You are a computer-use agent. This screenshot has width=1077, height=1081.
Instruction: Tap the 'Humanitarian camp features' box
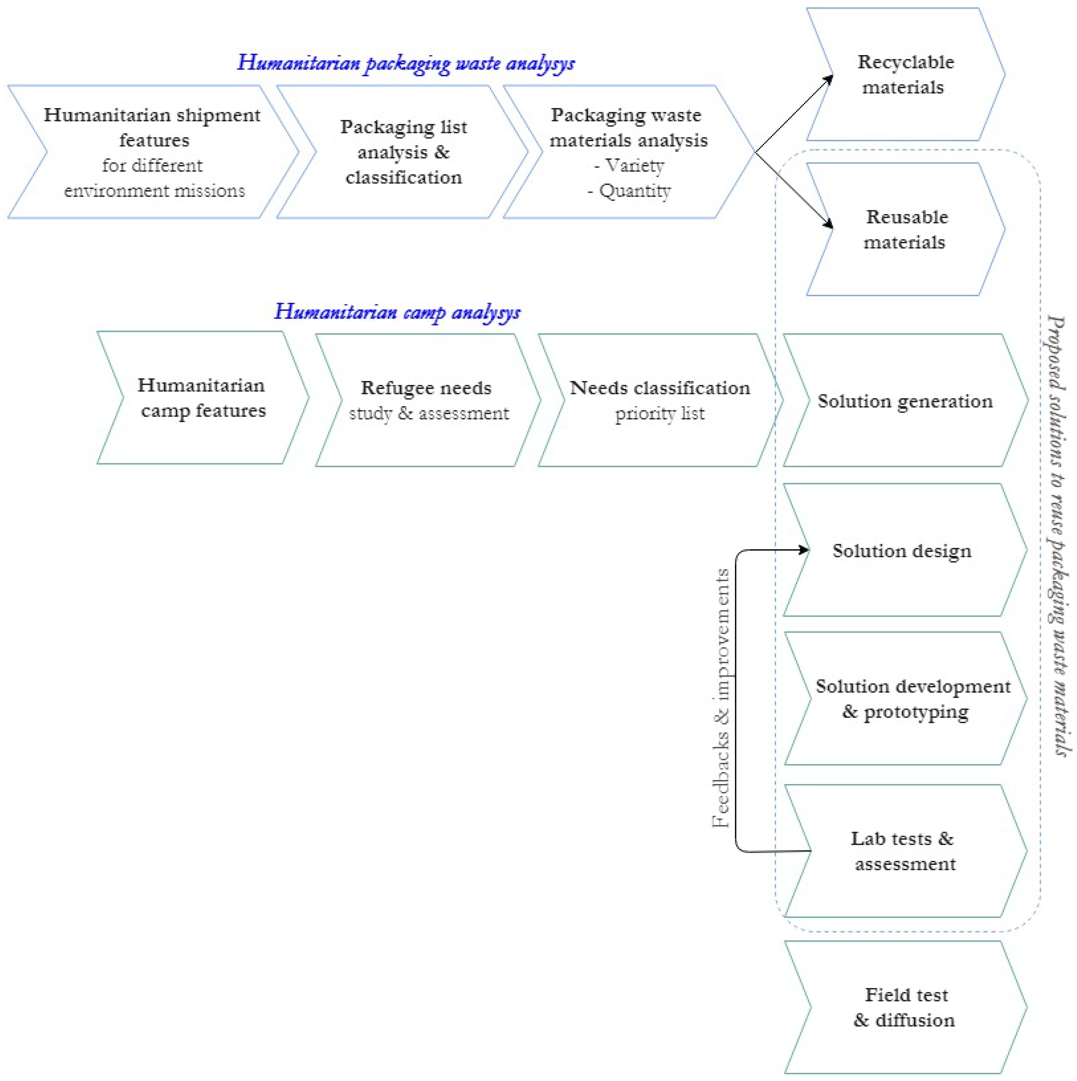pyautogui.click(x=203, y=398)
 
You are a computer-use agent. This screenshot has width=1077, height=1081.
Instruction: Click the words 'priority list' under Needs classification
pyautogui.click(x=660, y=414)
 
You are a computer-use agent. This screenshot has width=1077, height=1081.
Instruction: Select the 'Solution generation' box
pyautogui.click(x=905, y=401)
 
